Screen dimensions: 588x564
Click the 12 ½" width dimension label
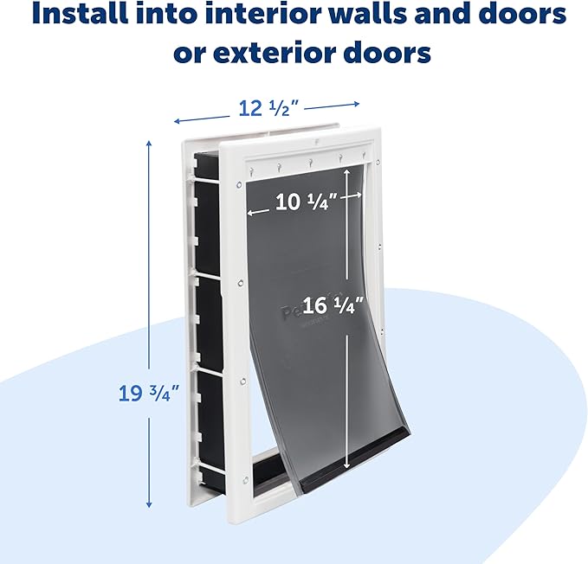click(x=268, y=109)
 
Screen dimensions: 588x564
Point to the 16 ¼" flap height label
click(x=333, y=304)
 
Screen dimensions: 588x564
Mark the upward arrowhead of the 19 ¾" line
click(x=149, y=144)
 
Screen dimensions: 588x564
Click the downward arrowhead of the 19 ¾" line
click(x=149, y=505)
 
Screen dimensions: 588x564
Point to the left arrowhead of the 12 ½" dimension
click(x=177, y=121)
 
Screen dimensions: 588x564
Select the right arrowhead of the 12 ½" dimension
click(x=356, y=104)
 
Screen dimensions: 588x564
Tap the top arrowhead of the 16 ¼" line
click(x=347, y=172)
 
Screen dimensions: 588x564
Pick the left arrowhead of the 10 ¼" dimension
click(x=250, y=213)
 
